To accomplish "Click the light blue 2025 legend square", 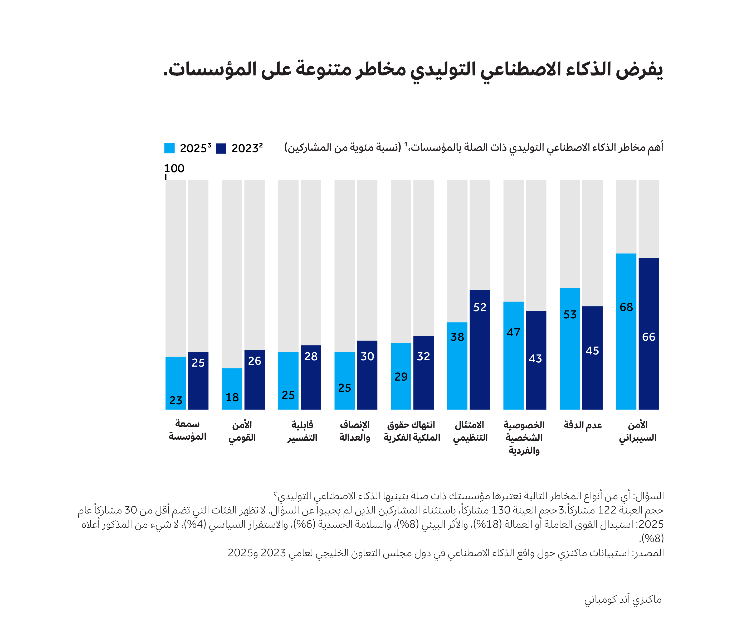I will coord(169,148).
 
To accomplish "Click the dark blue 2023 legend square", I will coord(221,148).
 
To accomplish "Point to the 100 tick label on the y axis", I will coord(174,168).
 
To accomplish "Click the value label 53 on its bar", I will coord(569,314).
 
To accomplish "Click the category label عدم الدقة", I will coord(582,425).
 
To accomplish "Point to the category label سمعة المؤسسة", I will coord(187,430).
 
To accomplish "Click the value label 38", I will coord(457,337).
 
